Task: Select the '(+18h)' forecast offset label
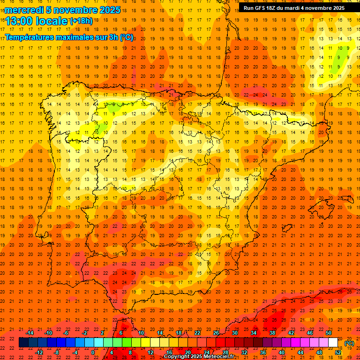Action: (x=81, y=21)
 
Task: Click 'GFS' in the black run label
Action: (x=262, y=8)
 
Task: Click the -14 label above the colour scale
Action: (x=30, y=333)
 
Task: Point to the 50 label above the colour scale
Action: (x=329, y=333)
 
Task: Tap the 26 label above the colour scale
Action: (x=216, y=333)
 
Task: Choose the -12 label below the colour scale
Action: (x=39, y=352)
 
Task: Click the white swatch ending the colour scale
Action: (x=333, y=343)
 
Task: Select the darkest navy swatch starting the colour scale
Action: (x=23, y=343)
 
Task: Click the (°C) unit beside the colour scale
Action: (x=349, y=343)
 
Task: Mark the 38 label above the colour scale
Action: (x=272, y=333)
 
